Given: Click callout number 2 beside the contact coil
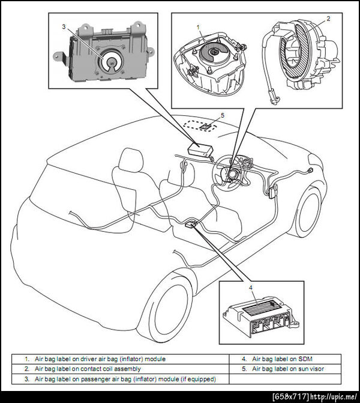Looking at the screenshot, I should (x=328, y=19).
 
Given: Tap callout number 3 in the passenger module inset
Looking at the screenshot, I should (x=64, y=27).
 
